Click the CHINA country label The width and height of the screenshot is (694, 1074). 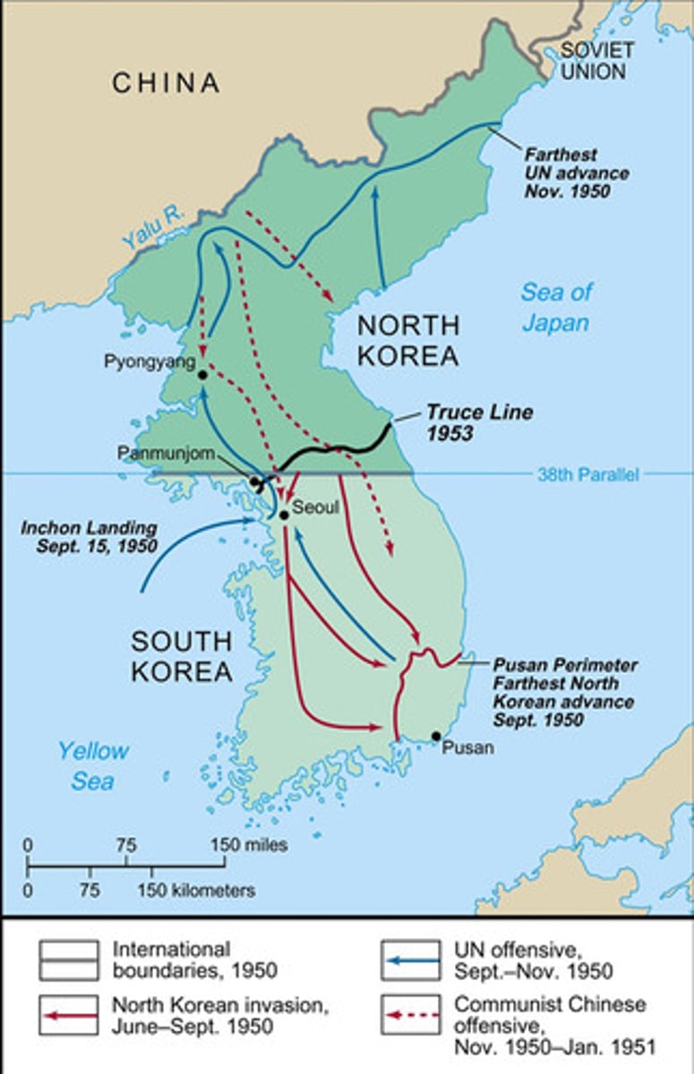pos(166,83)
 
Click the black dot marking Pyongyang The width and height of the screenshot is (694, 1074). pos(203,376)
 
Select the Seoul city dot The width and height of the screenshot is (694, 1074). pos(283,515)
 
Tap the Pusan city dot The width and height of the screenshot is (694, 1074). pos(436,737)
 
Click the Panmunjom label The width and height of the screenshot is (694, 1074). pos(167,453)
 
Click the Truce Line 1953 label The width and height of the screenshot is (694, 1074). pos(478,422)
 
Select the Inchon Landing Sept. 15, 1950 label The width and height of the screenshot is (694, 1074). pos(90,536)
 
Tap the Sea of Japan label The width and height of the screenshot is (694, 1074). pos(556,306)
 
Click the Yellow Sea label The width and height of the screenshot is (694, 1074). pos(93,765)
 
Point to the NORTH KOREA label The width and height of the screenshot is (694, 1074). pos(407,339)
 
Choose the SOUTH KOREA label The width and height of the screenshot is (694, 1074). pos(183,655)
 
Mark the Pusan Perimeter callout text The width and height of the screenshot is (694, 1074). pos(565,692)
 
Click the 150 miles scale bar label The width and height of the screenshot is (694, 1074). pos(250,845)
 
